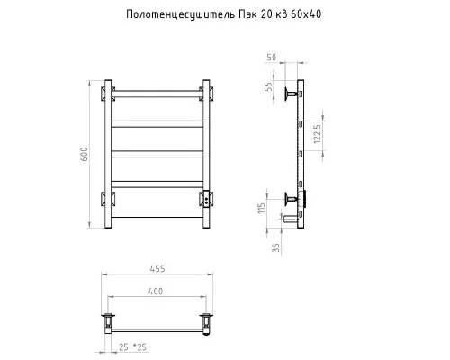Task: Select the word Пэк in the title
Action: click(247, 15)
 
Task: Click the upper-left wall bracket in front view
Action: click(108, 92)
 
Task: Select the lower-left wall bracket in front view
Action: click(108, 198)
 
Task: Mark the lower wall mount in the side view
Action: click(290, 197)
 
